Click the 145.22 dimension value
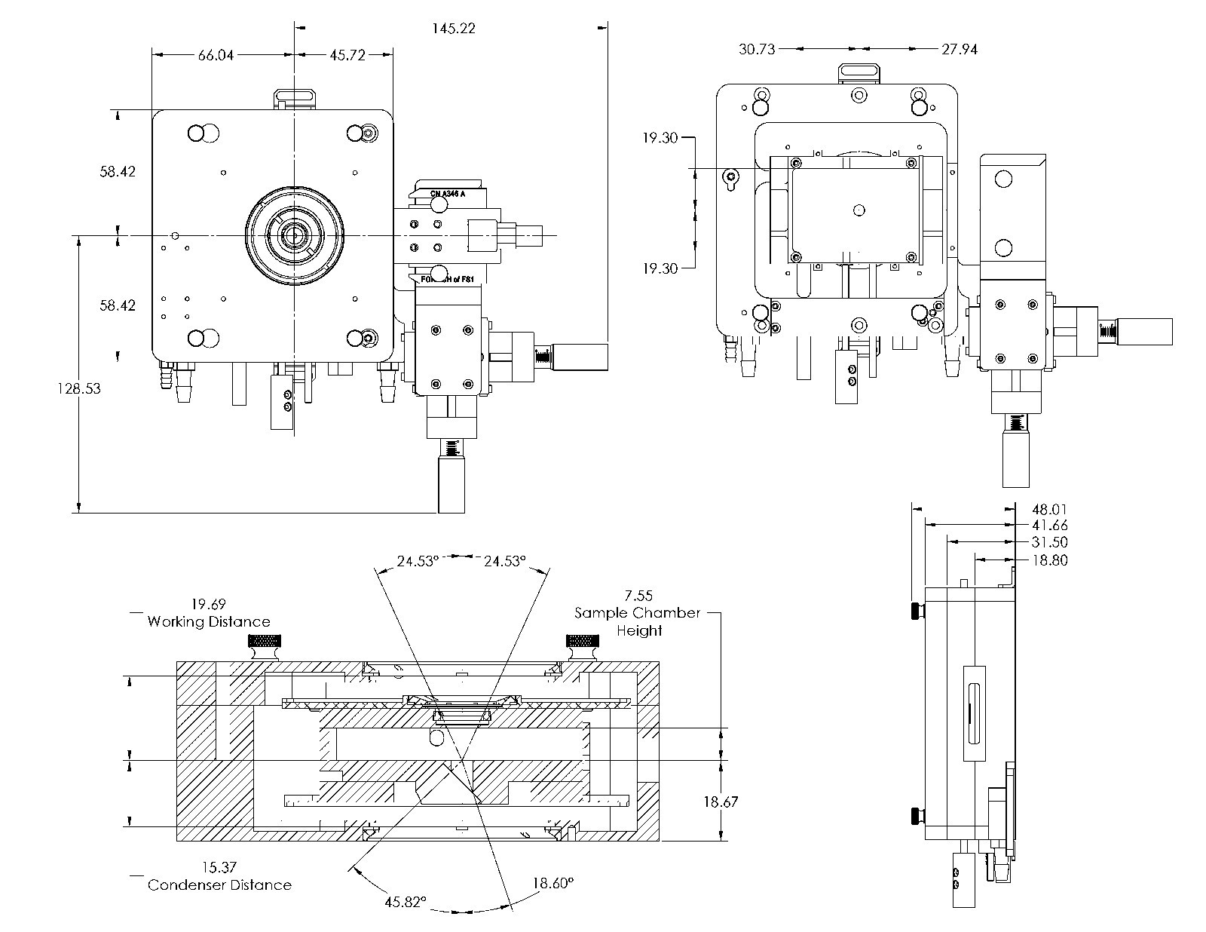(454, 29)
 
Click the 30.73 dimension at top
(757, 49)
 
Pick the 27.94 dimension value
(960, 49)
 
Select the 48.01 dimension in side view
(1049, 510)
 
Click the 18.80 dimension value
(1049, 560)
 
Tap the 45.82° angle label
(406, 901)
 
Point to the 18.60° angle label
(553, 881)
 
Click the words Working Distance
(209, 622)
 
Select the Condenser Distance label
(219, 884)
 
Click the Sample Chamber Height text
(638, 621)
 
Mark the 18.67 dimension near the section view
(721, 802)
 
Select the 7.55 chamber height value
(638, 596)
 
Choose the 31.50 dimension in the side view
(1049, 543)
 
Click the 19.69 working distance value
(208, 604)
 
